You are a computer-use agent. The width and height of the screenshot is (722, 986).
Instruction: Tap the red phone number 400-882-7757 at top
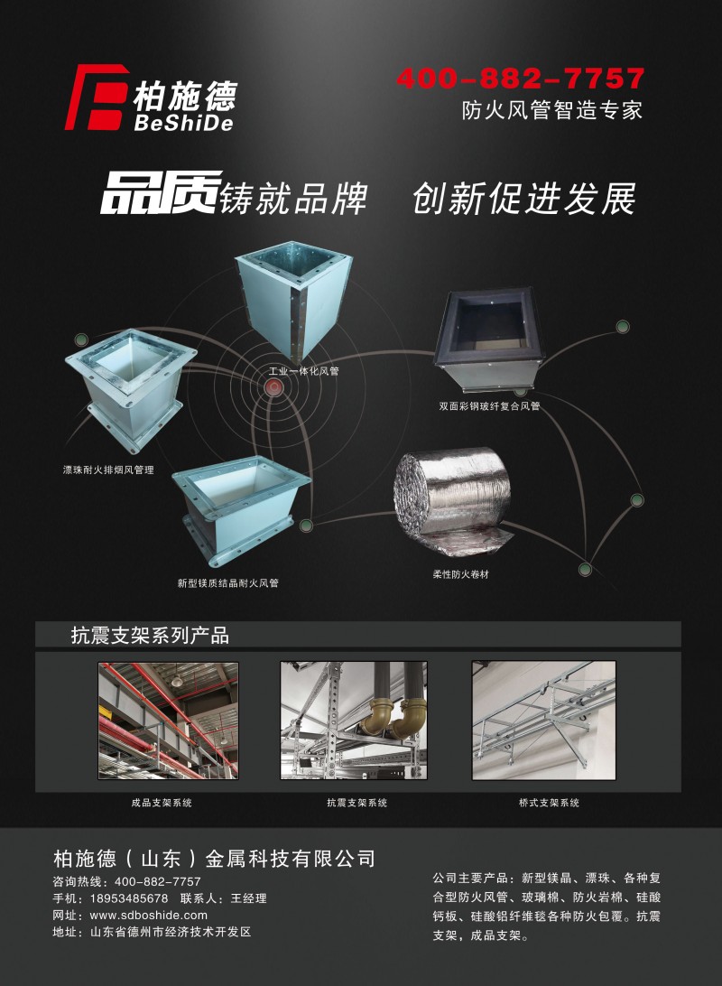pyautogui.click(x=521, y=79)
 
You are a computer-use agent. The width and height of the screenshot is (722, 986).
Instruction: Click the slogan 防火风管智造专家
pyautogui.click(x=551, y=111)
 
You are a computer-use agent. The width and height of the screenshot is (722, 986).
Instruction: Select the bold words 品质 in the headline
pyautogui.click(x=161, y=192)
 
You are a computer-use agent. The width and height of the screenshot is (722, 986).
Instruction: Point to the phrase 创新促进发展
pyautogui.click(x=524, y=199)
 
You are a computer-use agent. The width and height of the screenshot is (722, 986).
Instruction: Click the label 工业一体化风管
pyautogui.click(x=303, y=371)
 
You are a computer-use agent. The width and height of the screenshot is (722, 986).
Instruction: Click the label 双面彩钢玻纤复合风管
pyautogui.click(x=489, y=406)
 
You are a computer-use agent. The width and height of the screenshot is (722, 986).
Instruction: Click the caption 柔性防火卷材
pyautogui.click(x=460, y=574)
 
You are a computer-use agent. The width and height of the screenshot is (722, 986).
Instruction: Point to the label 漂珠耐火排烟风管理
pyautogui.click(x=108, y=470)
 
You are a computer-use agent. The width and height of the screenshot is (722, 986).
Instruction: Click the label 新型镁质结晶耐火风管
pyautogui.click(x=227, y=583)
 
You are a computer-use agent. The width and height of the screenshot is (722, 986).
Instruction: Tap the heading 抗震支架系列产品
pyautogui.click(x=150, y=636)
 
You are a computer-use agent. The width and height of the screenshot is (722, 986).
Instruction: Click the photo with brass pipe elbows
pyautogui.click(x=354, y=720)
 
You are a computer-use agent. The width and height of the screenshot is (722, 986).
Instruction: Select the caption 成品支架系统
pyautogui.click(x=162, y=803)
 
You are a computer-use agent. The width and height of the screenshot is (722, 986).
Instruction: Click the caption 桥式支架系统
pyautogui.click(x=550, y=803)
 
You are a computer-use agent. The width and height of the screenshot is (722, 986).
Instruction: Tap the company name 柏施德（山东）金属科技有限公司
pyautogui.click(x=214, y=859)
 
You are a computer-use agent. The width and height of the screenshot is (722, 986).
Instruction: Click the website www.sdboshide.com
pyautogui.click(x=148, y=915)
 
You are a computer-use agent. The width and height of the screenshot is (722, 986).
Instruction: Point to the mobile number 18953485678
pyautogui.click(x=129, y=898)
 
